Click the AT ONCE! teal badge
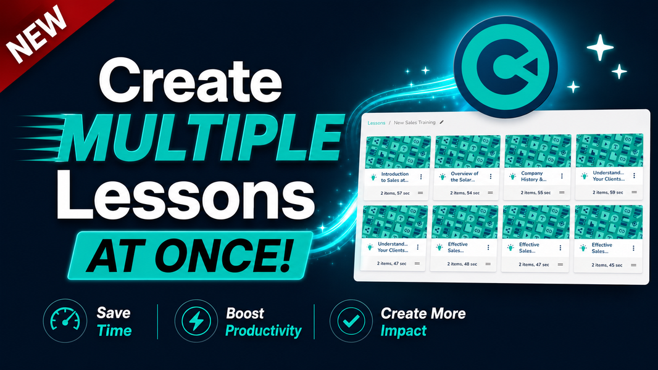pos(189,255)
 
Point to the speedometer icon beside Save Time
pos(65,321)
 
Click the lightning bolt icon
pos(196,321)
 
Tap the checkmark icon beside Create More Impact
pos(351,321)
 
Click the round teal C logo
pos(506,67)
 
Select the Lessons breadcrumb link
pos(376,123)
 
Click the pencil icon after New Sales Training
pos(441,122)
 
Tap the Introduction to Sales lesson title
pos(394,177)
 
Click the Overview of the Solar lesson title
pos(464,176)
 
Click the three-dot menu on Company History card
pos(562,176)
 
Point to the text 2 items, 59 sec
pos(607,192)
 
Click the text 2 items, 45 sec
pos(607,265)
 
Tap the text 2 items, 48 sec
pos(462,264)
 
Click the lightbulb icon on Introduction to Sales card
pos(373,177)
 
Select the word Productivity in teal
pos(264,331)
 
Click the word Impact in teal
pos(403,331)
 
